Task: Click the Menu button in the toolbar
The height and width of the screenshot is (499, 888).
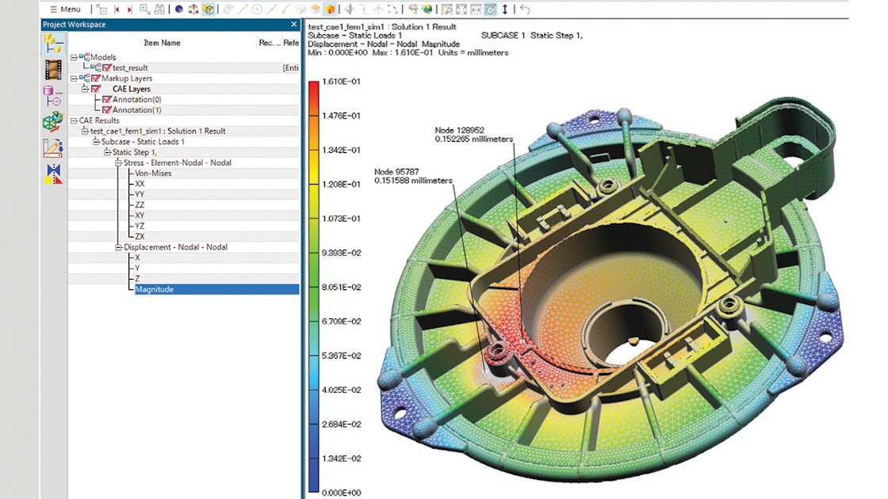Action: point(66,10)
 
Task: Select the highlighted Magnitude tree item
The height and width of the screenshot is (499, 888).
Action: point(155,289)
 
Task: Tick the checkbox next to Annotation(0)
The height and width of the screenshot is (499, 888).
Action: point(107,100)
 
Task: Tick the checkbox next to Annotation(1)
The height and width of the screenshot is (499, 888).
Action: point(107,110)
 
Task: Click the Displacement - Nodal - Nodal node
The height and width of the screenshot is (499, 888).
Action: point(175,247)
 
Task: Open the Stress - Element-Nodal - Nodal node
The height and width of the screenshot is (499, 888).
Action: point(178,162)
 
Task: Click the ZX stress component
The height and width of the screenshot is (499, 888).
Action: point(140,236)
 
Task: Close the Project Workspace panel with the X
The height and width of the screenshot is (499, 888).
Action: point(294,25)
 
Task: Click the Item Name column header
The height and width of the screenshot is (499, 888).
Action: point(162,43)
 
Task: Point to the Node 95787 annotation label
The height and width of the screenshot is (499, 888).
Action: point(413,176)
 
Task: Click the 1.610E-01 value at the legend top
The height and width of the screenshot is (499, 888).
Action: point(342,82)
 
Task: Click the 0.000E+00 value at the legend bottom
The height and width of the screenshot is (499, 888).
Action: point(343,492)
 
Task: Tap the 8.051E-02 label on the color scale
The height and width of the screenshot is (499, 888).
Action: point(342,287)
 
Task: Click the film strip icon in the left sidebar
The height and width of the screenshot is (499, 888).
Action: point(53,70)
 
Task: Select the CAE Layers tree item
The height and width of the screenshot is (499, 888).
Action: point(132,89)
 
